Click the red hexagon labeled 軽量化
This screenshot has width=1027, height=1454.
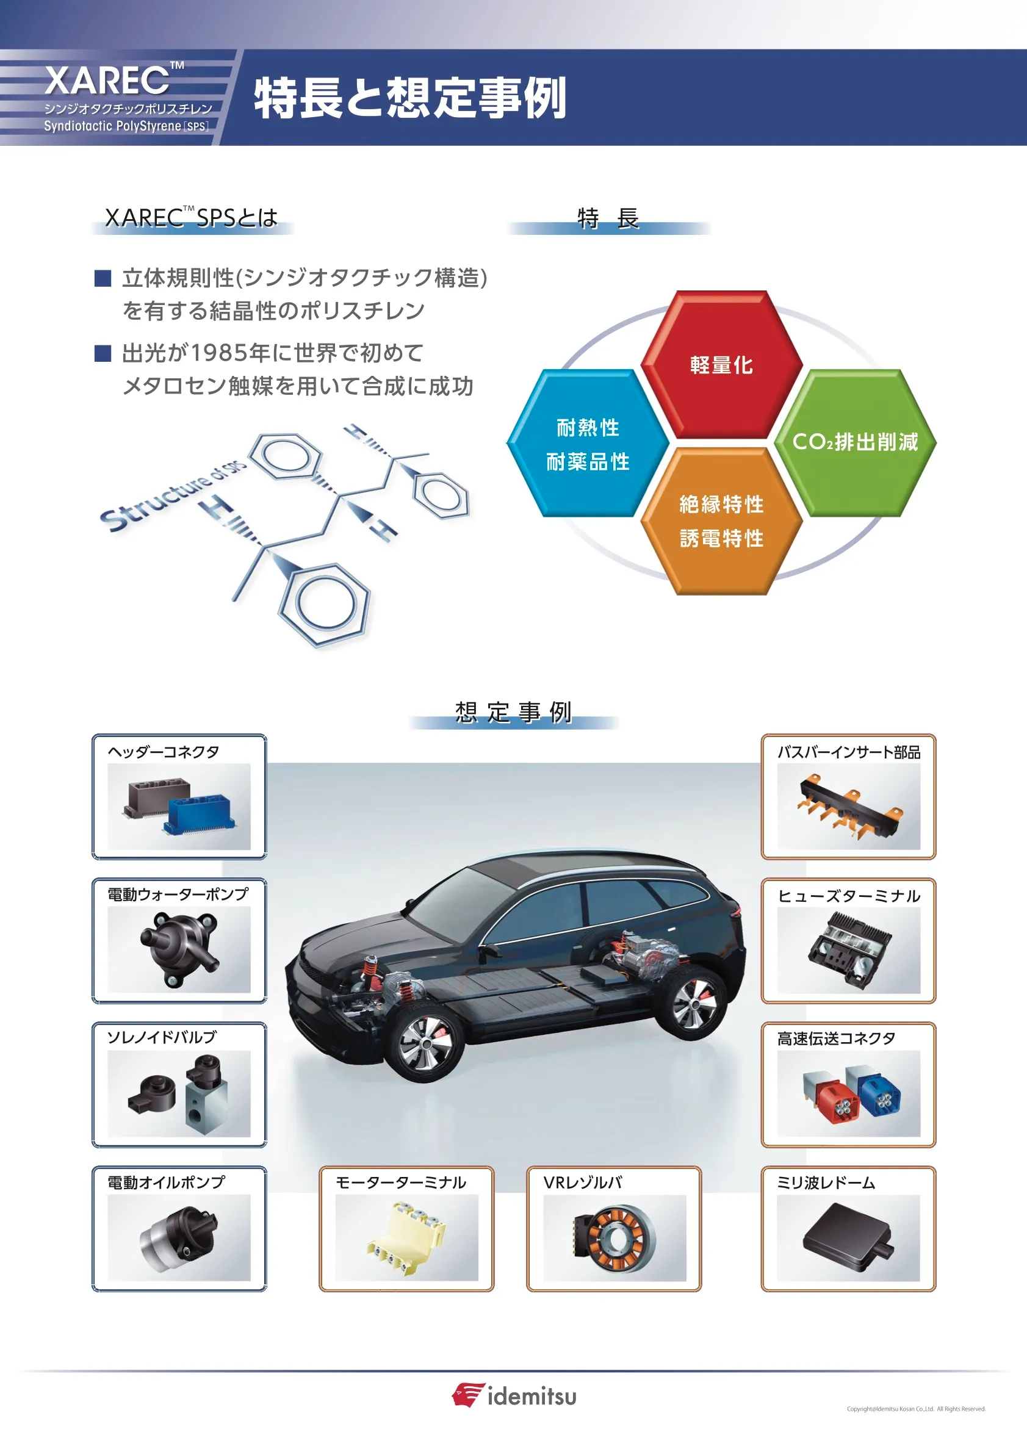click(721, 365)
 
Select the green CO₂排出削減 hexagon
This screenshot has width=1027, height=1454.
click(855, 442)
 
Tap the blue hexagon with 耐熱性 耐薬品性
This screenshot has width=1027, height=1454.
click(588, 444)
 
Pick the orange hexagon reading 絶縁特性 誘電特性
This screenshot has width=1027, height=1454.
click(721, 520)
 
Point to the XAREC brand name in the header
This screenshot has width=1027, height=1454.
click(107, 81)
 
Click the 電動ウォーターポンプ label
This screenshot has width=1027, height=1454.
click(178, 894)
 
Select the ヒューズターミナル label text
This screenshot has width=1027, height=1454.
click(848, 896)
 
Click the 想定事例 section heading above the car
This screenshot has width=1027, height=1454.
click(514, 712)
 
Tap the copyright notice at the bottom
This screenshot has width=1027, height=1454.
click(915, 1409)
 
